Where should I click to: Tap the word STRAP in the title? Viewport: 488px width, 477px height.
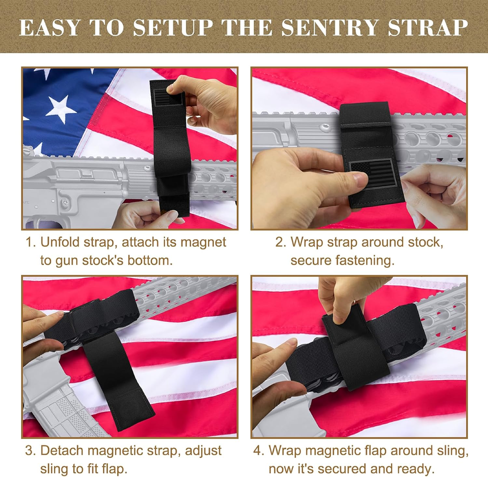pyautogui.click(x=428, y=28)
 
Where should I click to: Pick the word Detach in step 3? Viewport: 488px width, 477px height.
pyautogui.click(x=63, y=450)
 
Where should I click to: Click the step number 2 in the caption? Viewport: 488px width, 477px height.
pyautogui.click(x=280, y=242)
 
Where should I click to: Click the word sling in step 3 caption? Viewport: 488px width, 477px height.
pyautogui.click(x=55, y=469)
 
